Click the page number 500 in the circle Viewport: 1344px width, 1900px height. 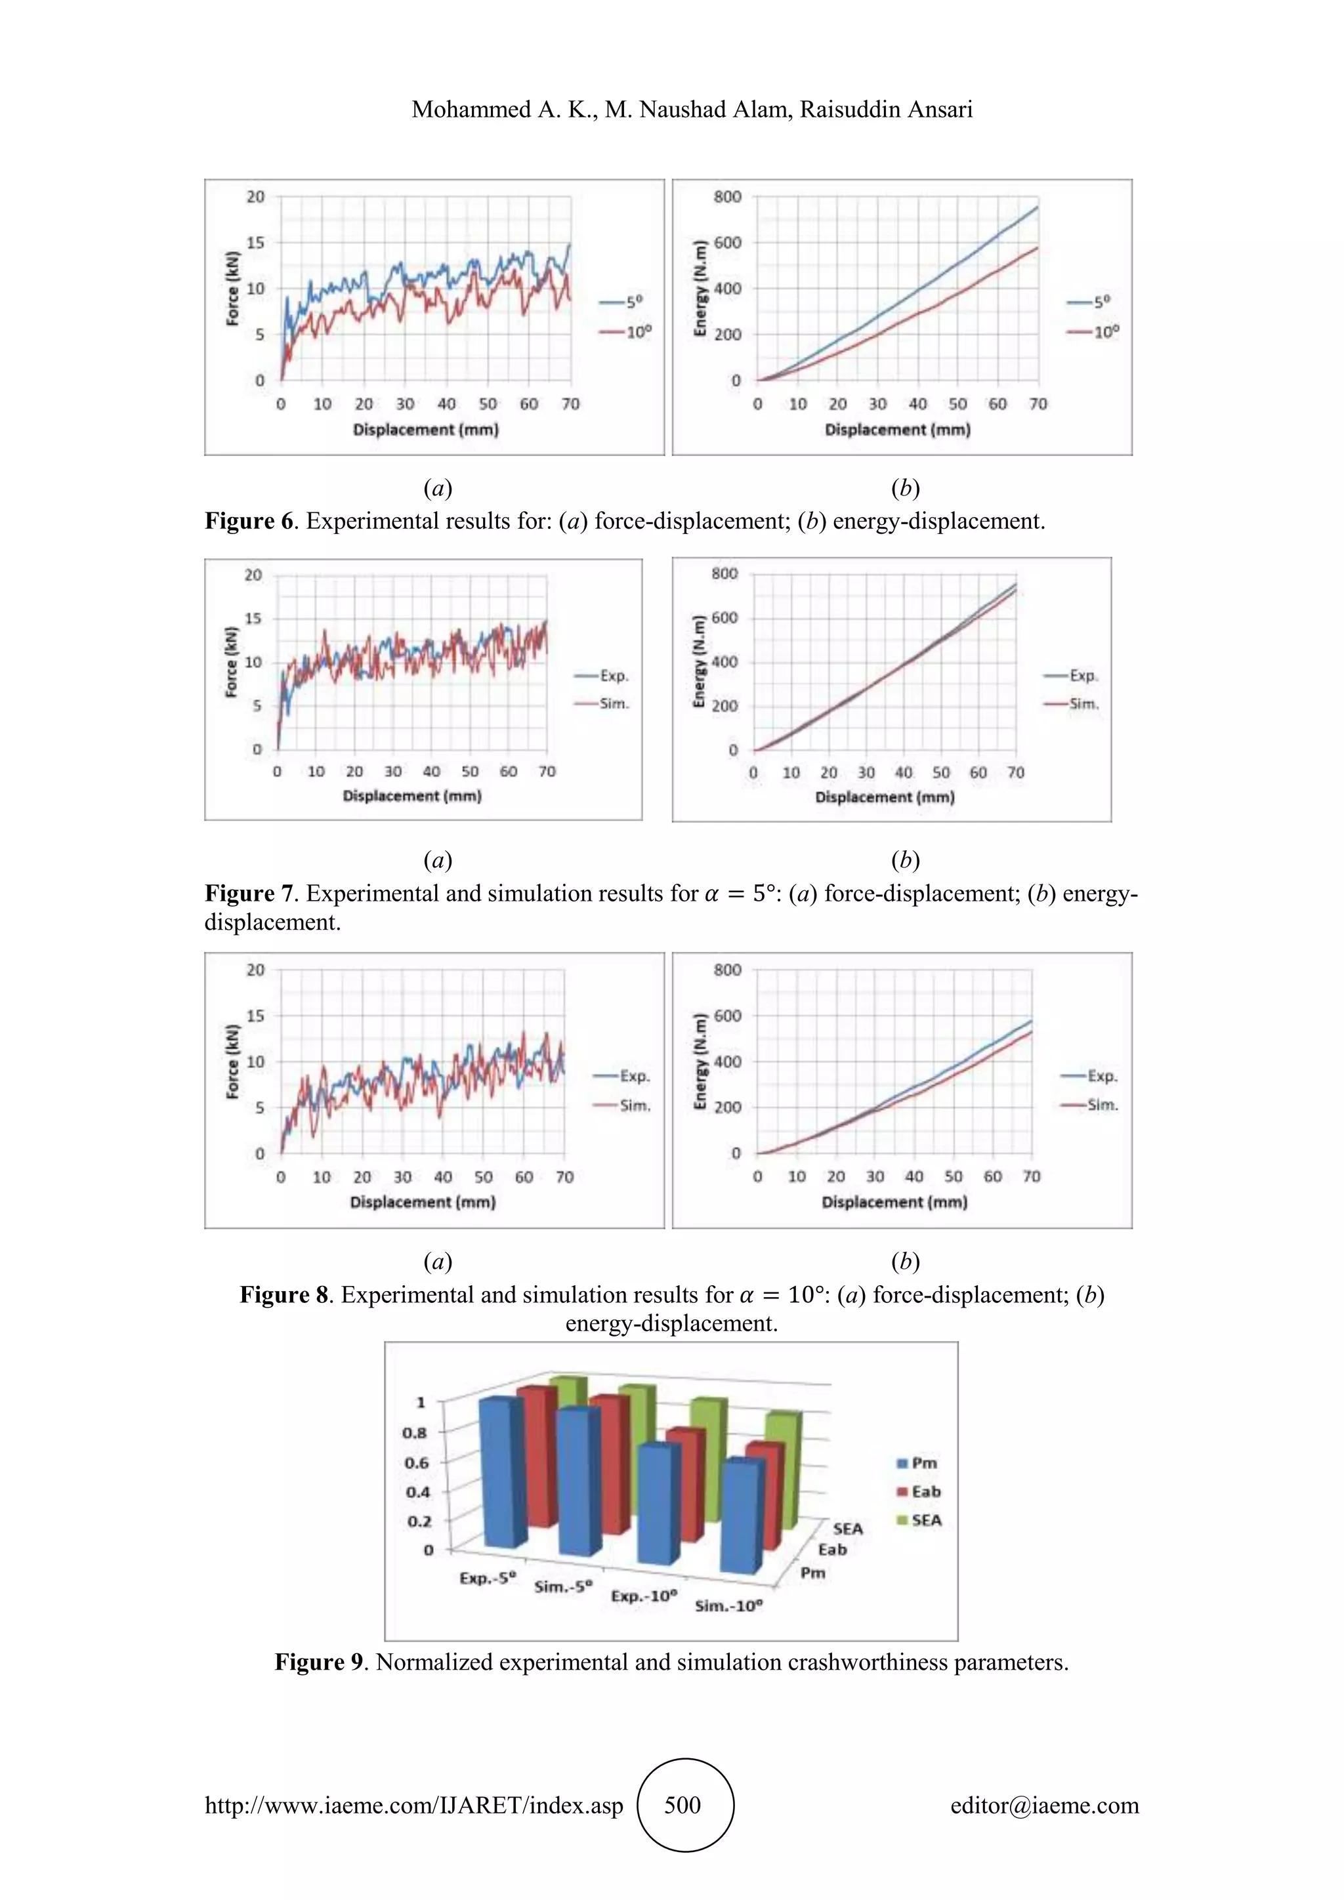[682, 1805]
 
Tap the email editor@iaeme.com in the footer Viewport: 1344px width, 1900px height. [1044, 1805]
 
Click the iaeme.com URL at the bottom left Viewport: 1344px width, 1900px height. [414, 1805]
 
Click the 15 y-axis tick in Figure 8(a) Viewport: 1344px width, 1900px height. [255, 1016]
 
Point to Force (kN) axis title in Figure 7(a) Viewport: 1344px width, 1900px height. [232, 662]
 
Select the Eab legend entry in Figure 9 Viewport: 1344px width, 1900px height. [925, 1491]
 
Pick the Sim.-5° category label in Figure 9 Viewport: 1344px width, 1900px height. [564, 1586]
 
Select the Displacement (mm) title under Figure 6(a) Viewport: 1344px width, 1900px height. [425, 430]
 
